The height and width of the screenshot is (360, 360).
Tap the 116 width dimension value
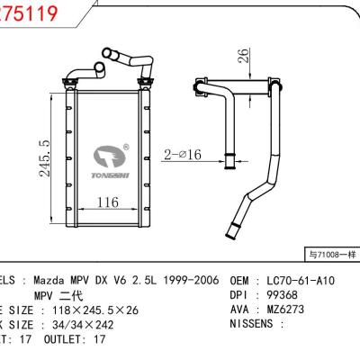(107, 202)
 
